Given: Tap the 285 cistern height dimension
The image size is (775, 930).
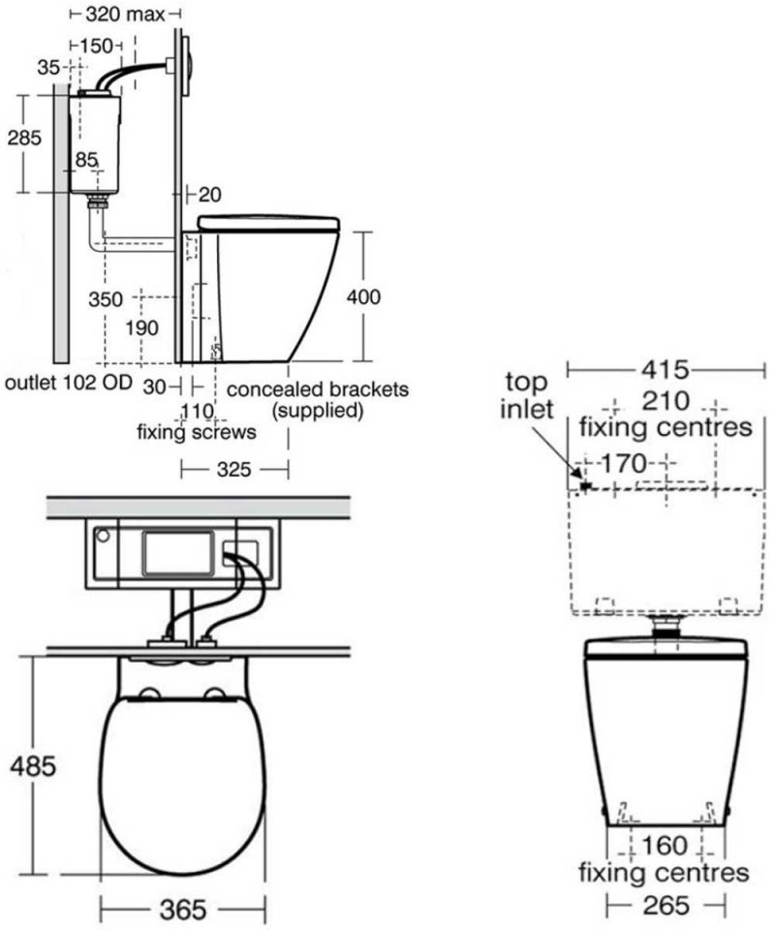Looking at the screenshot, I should (24, 138).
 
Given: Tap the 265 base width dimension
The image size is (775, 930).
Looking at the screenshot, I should (666, 905).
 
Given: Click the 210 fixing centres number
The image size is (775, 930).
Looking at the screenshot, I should (664, 400).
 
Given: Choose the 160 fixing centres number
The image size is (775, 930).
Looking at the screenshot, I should (664, 845).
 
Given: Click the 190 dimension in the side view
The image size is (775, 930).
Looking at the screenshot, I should (141, 328).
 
